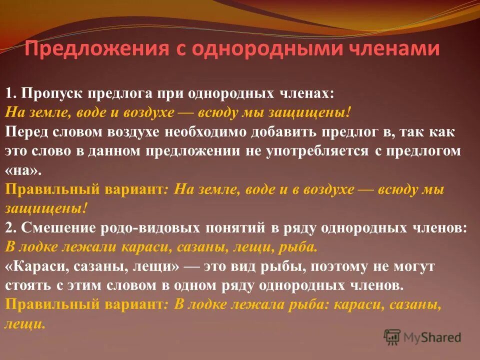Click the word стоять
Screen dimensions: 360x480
point(25,285)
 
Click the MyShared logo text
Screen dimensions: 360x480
point(432,337)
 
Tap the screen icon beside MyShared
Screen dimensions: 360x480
point(392,336)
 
